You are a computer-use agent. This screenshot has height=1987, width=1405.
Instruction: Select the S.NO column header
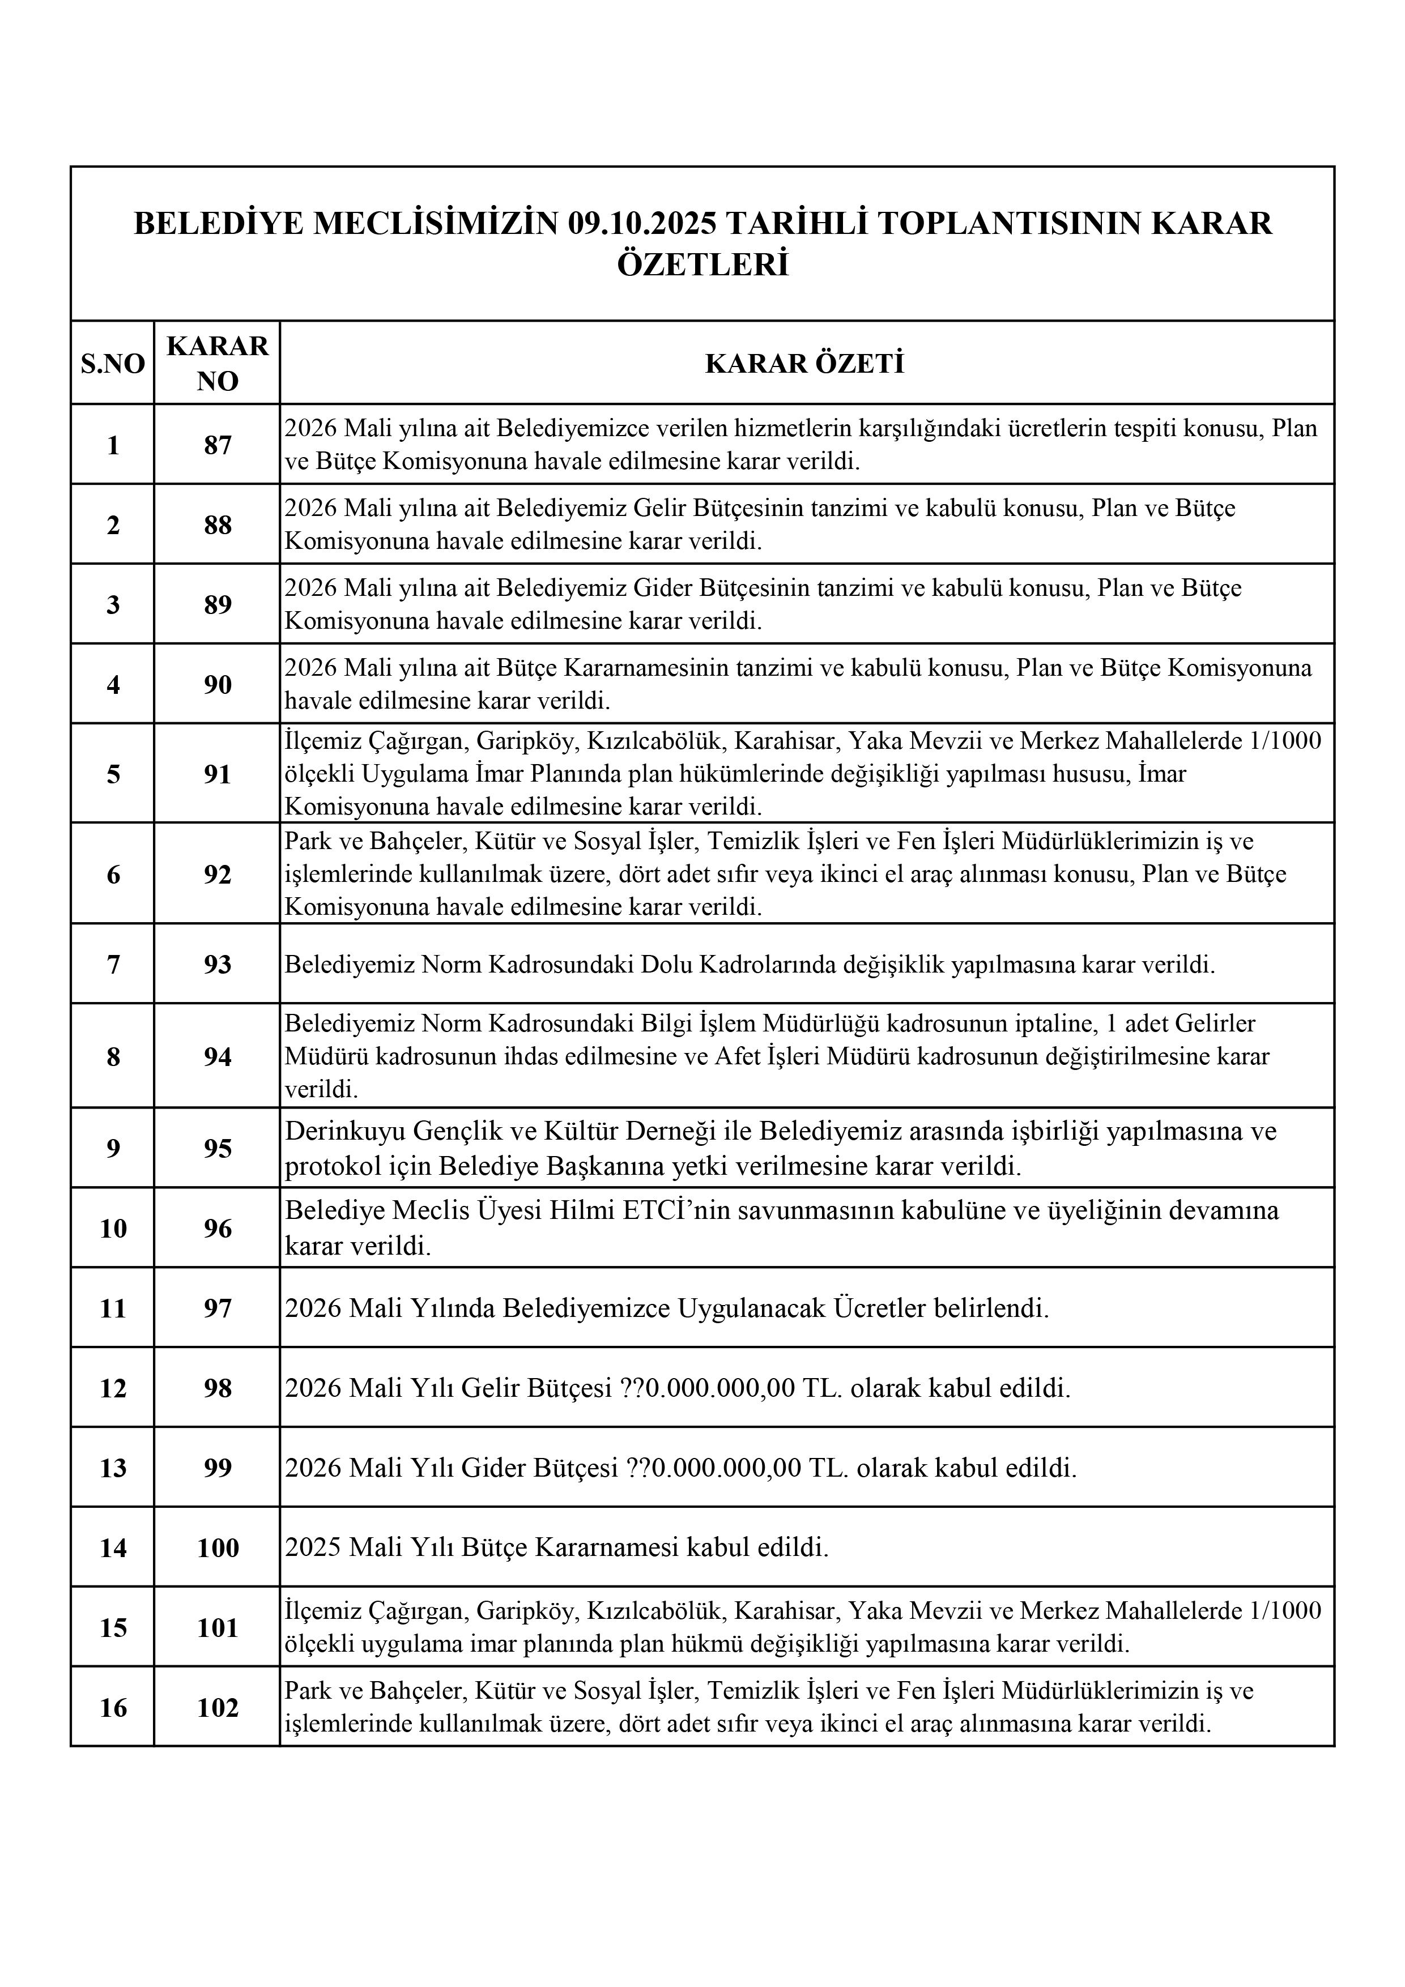(x=113, y=364)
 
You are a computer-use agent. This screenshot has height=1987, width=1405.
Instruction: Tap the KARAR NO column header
(x=218, y=364)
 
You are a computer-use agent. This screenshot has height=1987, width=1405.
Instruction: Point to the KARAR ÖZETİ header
(x=805, y=364)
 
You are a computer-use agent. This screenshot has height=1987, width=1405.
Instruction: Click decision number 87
(x=218, y=445)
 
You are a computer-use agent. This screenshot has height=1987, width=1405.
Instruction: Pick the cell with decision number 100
(x=218, y=1547)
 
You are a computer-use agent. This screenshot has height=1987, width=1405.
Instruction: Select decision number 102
(x=218, y=1707)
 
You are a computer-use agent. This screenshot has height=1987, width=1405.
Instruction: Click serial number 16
(x=113, y=1707)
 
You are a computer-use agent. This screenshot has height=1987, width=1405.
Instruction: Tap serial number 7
(x=113, y=964)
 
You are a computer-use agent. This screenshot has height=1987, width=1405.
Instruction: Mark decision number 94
(x=218, y=1057)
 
